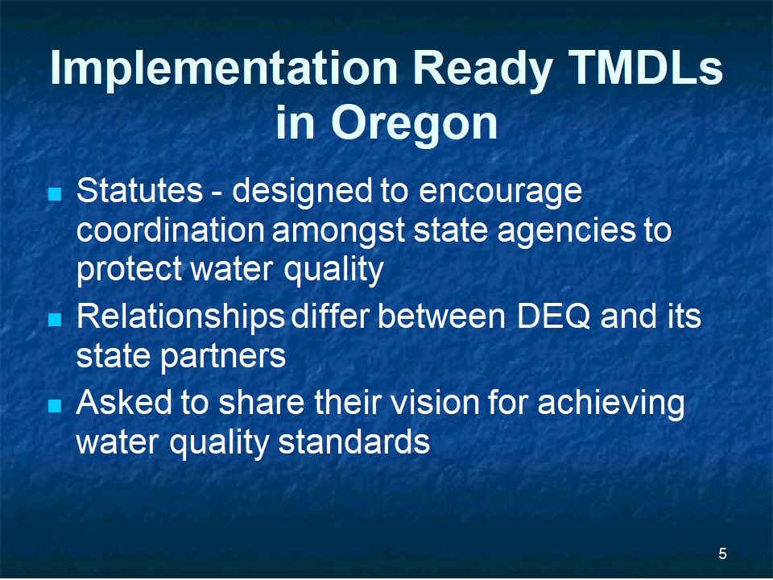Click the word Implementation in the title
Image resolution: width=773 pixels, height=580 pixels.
[x=224, y=69]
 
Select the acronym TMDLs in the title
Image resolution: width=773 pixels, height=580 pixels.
[x=645, y=67]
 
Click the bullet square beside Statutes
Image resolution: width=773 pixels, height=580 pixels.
[x=55, y=193]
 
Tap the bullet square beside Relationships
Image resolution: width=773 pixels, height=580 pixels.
[x=55, y=320]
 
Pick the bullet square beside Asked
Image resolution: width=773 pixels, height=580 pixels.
[x=55, y=406]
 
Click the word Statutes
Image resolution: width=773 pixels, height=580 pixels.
[x=139, y=190]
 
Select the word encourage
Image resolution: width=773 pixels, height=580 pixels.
[x=500, y=193]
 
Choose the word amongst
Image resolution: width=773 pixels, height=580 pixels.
[x=339, y=232]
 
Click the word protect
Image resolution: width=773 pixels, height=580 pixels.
[x=129, y=271]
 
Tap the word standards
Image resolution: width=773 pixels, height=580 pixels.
[x=354, y=442]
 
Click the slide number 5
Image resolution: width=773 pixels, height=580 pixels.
[x=722, y=554]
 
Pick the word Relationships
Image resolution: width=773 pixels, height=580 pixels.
[x=180, y=319]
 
